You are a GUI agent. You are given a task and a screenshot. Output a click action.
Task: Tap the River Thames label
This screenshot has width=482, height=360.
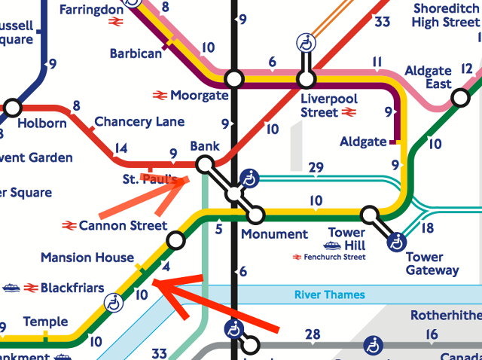coord(329,294)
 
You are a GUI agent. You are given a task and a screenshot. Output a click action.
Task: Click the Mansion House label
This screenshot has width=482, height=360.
coord(87,258)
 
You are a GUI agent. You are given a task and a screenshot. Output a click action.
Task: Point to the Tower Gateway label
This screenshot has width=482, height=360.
coord(432,264)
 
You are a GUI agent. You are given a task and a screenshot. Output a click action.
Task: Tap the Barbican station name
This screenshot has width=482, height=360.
coord(136,53)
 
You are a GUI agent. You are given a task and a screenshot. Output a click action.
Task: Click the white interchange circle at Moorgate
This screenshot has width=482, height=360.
coord(234,78)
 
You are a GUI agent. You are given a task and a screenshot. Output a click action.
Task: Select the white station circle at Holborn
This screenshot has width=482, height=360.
coord(12,106)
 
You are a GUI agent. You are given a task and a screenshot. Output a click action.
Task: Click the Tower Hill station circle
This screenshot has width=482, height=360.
coord(369,215)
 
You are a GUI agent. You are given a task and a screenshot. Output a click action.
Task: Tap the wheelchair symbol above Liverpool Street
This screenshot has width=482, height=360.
coord(307,43)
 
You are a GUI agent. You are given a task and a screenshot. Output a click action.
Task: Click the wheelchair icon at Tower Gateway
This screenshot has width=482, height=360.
coord(396,242)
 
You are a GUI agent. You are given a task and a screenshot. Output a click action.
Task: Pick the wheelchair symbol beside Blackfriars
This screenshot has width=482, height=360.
coord(114,303)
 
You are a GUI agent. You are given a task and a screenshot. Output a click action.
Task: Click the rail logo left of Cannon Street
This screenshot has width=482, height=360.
coord(69,225)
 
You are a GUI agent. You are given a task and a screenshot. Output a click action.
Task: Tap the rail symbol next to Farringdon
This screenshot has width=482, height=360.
coord(115,23)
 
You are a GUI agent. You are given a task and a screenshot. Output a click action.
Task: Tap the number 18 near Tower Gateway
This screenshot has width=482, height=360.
coord(427,228)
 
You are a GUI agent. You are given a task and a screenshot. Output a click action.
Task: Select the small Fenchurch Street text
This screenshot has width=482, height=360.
coord(334,257)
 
